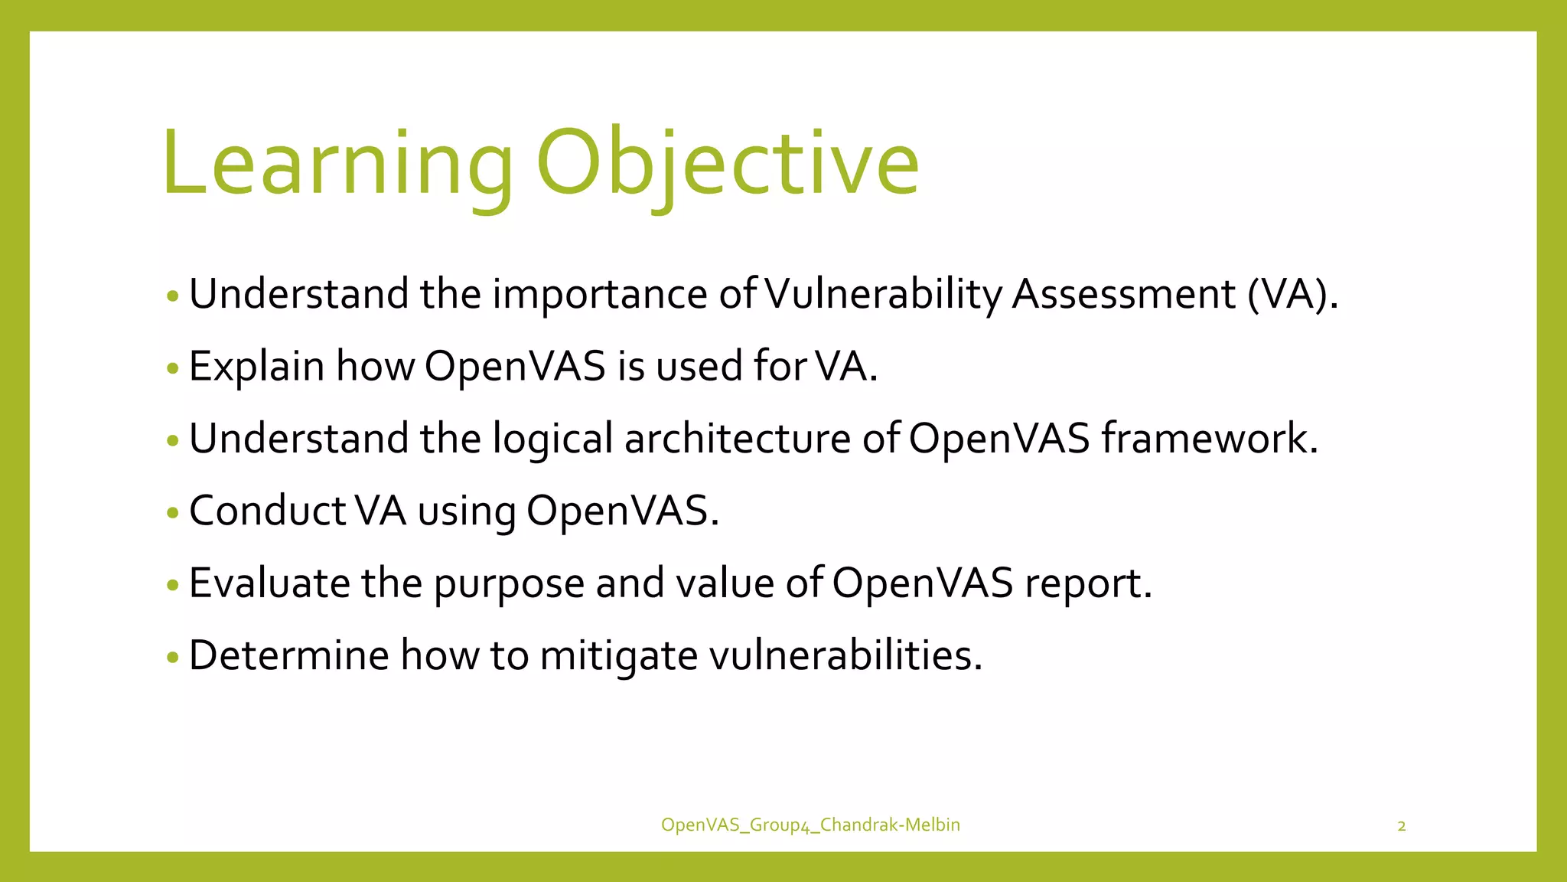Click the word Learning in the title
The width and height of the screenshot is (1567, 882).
click(337, 165)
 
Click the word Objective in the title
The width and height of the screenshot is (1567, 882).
click(727, 165)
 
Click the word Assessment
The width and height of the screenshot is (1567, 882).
click(1123, 295)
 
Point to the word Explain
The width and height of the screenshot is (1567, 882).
click(256, 367)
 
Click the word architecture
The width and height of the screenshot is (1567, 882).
click(737, 439)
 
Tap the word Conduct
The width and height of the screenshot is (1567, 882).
click(267, 511)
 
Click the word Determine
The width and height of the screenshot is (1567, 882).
click(288, 655)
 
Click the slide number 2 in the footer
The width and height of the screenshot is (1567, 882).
click(1401, 826)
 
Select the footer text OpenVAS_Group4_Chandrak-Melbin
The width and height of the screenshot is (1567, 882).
click(810, 825)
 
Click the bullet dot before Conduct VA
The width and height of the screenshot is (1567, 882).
click(172, 513)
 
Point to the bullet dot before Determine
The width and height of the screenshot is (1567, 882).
click(172, 658)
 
